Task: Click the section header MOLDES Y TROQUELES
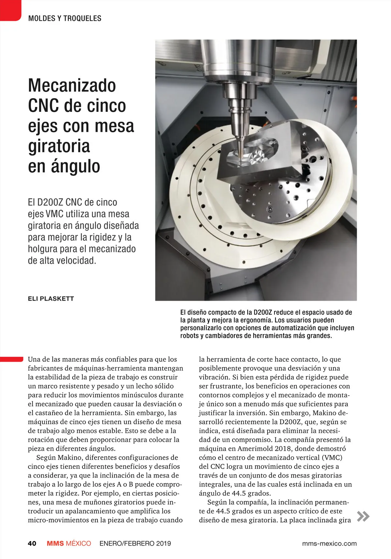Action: click(65, 18)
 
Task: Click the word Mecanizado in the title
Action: click(72, 85)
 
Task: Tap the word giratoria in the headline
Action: click(59, 146)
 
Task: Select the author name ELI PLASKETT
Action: click(51, 298)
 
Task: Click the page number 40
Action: click(32, 543)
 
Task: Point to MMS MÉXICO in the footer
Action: click(69, 543)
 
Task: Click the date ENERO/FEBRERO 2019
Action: click(135, 543)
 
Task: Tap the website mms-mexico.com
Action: click(329, 543)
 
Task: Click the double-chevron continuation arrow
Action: click(363, 516)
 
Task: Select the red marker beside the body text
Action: click(11, 359)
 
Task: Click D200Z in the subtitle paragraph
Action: click(50, 202)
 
